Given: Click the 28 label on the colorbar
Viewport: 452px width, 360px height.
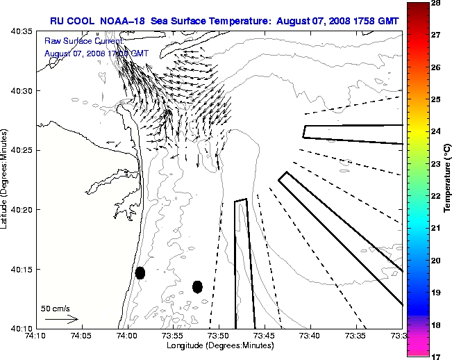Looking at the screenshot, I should pos(437,3).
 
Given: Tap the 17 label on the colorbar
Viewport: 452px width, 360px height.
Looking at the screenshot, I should pos(437,356).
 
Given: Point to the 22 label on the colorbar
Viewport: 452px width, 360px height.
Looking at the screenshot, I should pos(437,196).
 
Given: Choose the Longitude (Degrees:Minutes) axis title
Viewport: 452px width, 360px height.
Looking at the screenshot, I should pos(219,346).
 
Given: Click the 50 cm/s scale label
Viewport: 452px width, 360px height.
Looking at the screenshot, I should pos(56,308).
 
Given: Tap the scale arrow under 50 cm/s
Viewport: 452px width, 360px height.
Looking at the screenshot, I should pos(62,320).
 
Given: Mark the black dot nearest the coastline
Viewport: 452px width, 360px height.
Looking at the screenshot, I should pos(140,272).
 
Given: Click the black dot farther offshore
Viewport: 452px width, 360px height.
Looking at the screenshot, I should pos(197,286).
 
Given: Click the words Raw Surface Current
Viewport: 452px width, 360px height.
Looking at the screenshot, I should pos(76,42).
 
